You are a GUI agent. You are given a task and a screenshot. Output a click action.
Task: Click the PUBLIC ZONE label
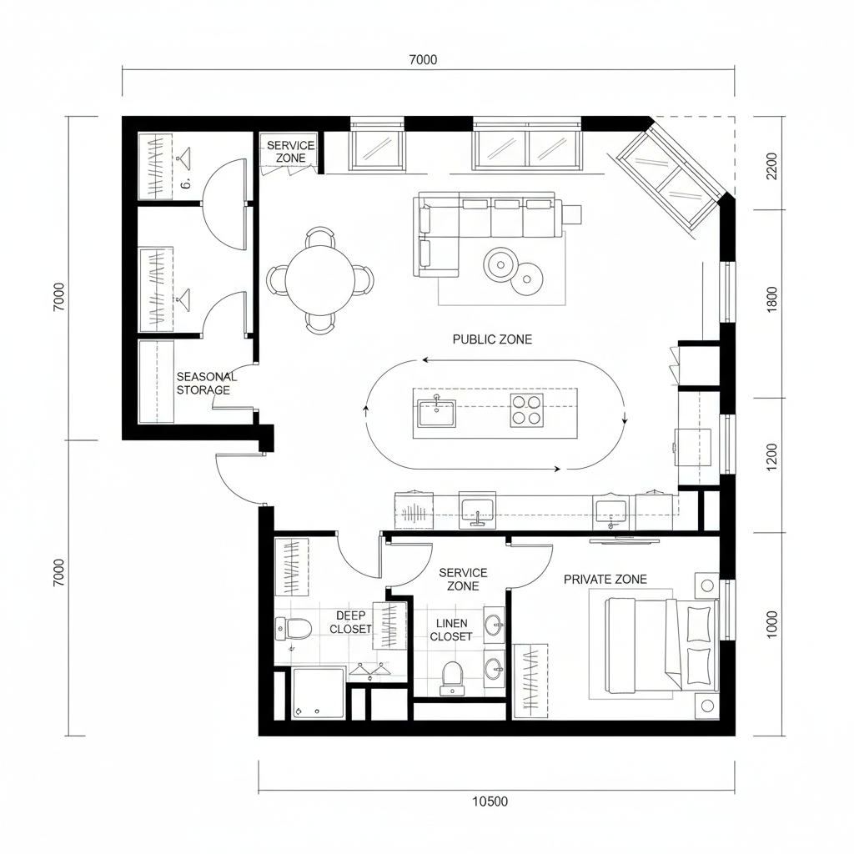(x=492, y=339)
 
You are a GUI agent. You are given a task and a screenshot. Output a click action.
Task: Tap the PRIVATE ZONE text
(x=605, y=580)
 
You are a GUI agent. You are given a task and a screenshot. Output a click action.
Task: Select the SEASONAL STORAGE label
(x=206, y=384)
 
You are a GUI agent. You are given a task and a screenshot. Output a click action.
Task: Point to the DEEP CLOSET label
(x=350, y=622)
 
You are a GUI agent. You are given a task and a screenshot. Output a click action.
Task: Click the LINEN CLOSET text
(x=451, y=630)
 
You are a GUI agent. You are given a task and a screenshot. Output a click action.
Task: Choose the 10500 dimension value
(x=490, y=802)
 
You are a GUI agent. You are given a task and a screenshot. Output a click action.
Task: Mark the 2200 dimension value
(x=771, y=166)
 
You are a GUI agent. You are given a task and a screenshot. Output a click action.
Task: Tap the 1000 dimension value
(x=771, y=625)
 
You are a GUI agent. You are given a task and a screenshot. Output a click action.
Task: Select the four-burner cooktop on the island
(x=527, y=410)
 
